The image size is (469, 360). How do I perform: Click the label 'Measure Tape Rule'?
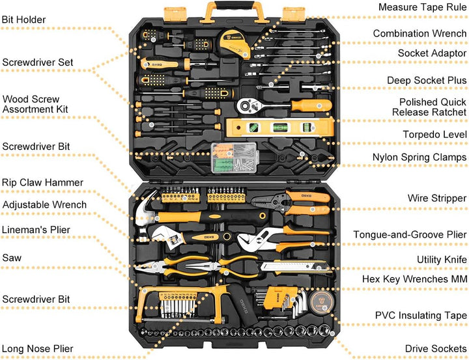422,7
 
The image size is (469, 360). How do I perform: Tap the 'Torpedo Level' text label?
434,135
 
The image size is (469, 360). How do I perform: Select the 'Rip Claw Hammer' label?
42,182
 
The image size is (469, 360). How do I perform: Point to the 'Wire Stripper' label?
436,198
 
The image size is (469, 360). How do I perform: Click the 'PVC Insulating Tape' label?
421,316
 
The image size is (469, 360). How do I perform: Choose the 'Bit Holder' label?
23,20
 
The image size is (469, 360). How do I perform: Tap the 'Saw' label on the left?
12,258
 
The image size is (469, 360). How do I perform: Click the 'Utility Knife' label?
442,260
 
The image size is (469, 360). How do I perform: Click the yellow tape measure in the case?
234,44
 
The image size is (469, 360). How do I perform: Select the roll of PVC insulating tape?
321,303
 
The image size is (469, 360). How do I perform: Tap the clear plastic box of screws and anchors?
234,158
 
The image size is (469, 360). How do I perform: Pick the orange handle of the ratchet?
311,105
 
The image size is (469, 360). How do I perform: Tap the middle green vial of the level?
281,127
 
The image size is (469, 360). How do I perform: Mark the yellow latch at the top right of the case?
293,14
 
